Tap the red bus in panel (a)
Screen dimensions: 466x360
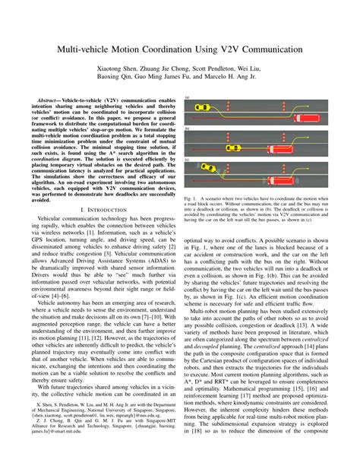coord(300,113)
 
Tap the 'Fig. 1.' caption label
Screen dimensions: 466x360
coord(191,197)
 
